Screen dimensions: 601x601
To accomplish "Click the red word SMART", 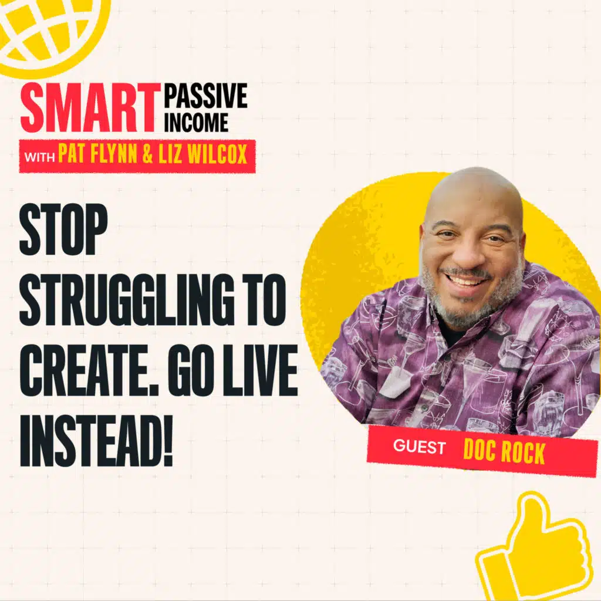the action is tap(90, 109).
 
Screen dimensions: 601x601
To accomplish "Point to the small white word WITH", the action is tap(39, 157).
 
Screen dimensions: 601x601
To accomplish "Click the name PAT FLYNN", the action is tap(97, 155).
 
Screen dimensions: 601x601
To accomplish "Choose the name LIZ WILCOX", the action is tap(202, 155).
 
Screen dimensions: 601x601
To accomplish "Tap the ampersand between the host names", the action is tap(147, 156).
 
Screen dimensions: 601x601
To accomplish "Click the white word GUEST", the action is tap(419, 447).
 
